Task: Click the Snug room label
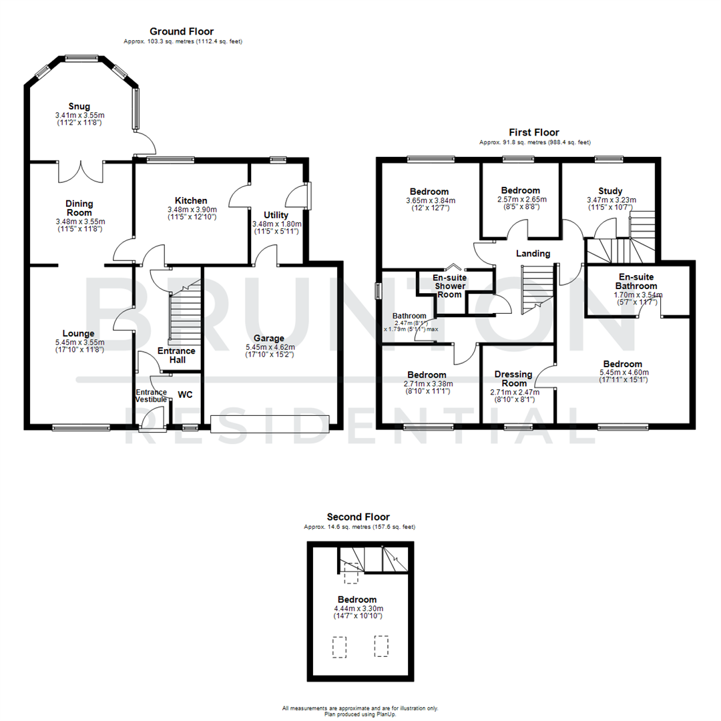click(79, 106)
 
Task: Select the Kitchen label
click(191, 200)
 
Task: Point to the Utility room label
click(276, 215)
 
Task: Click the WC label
click(185, 394)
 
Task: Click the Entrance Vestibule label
click(151, 395)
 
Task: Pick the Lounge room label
click(79, 333)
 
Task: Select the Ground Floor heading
click(182, 31)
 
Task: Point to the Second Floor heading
click(358, 517)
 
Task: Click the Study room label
click(607, 191)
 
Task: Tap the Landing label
click(533, 253)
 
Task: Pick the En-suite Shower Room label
click(449, 286)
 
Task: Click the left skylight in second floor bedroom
click(340, 646)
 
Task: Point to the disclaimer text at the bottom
click(360, 711)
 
